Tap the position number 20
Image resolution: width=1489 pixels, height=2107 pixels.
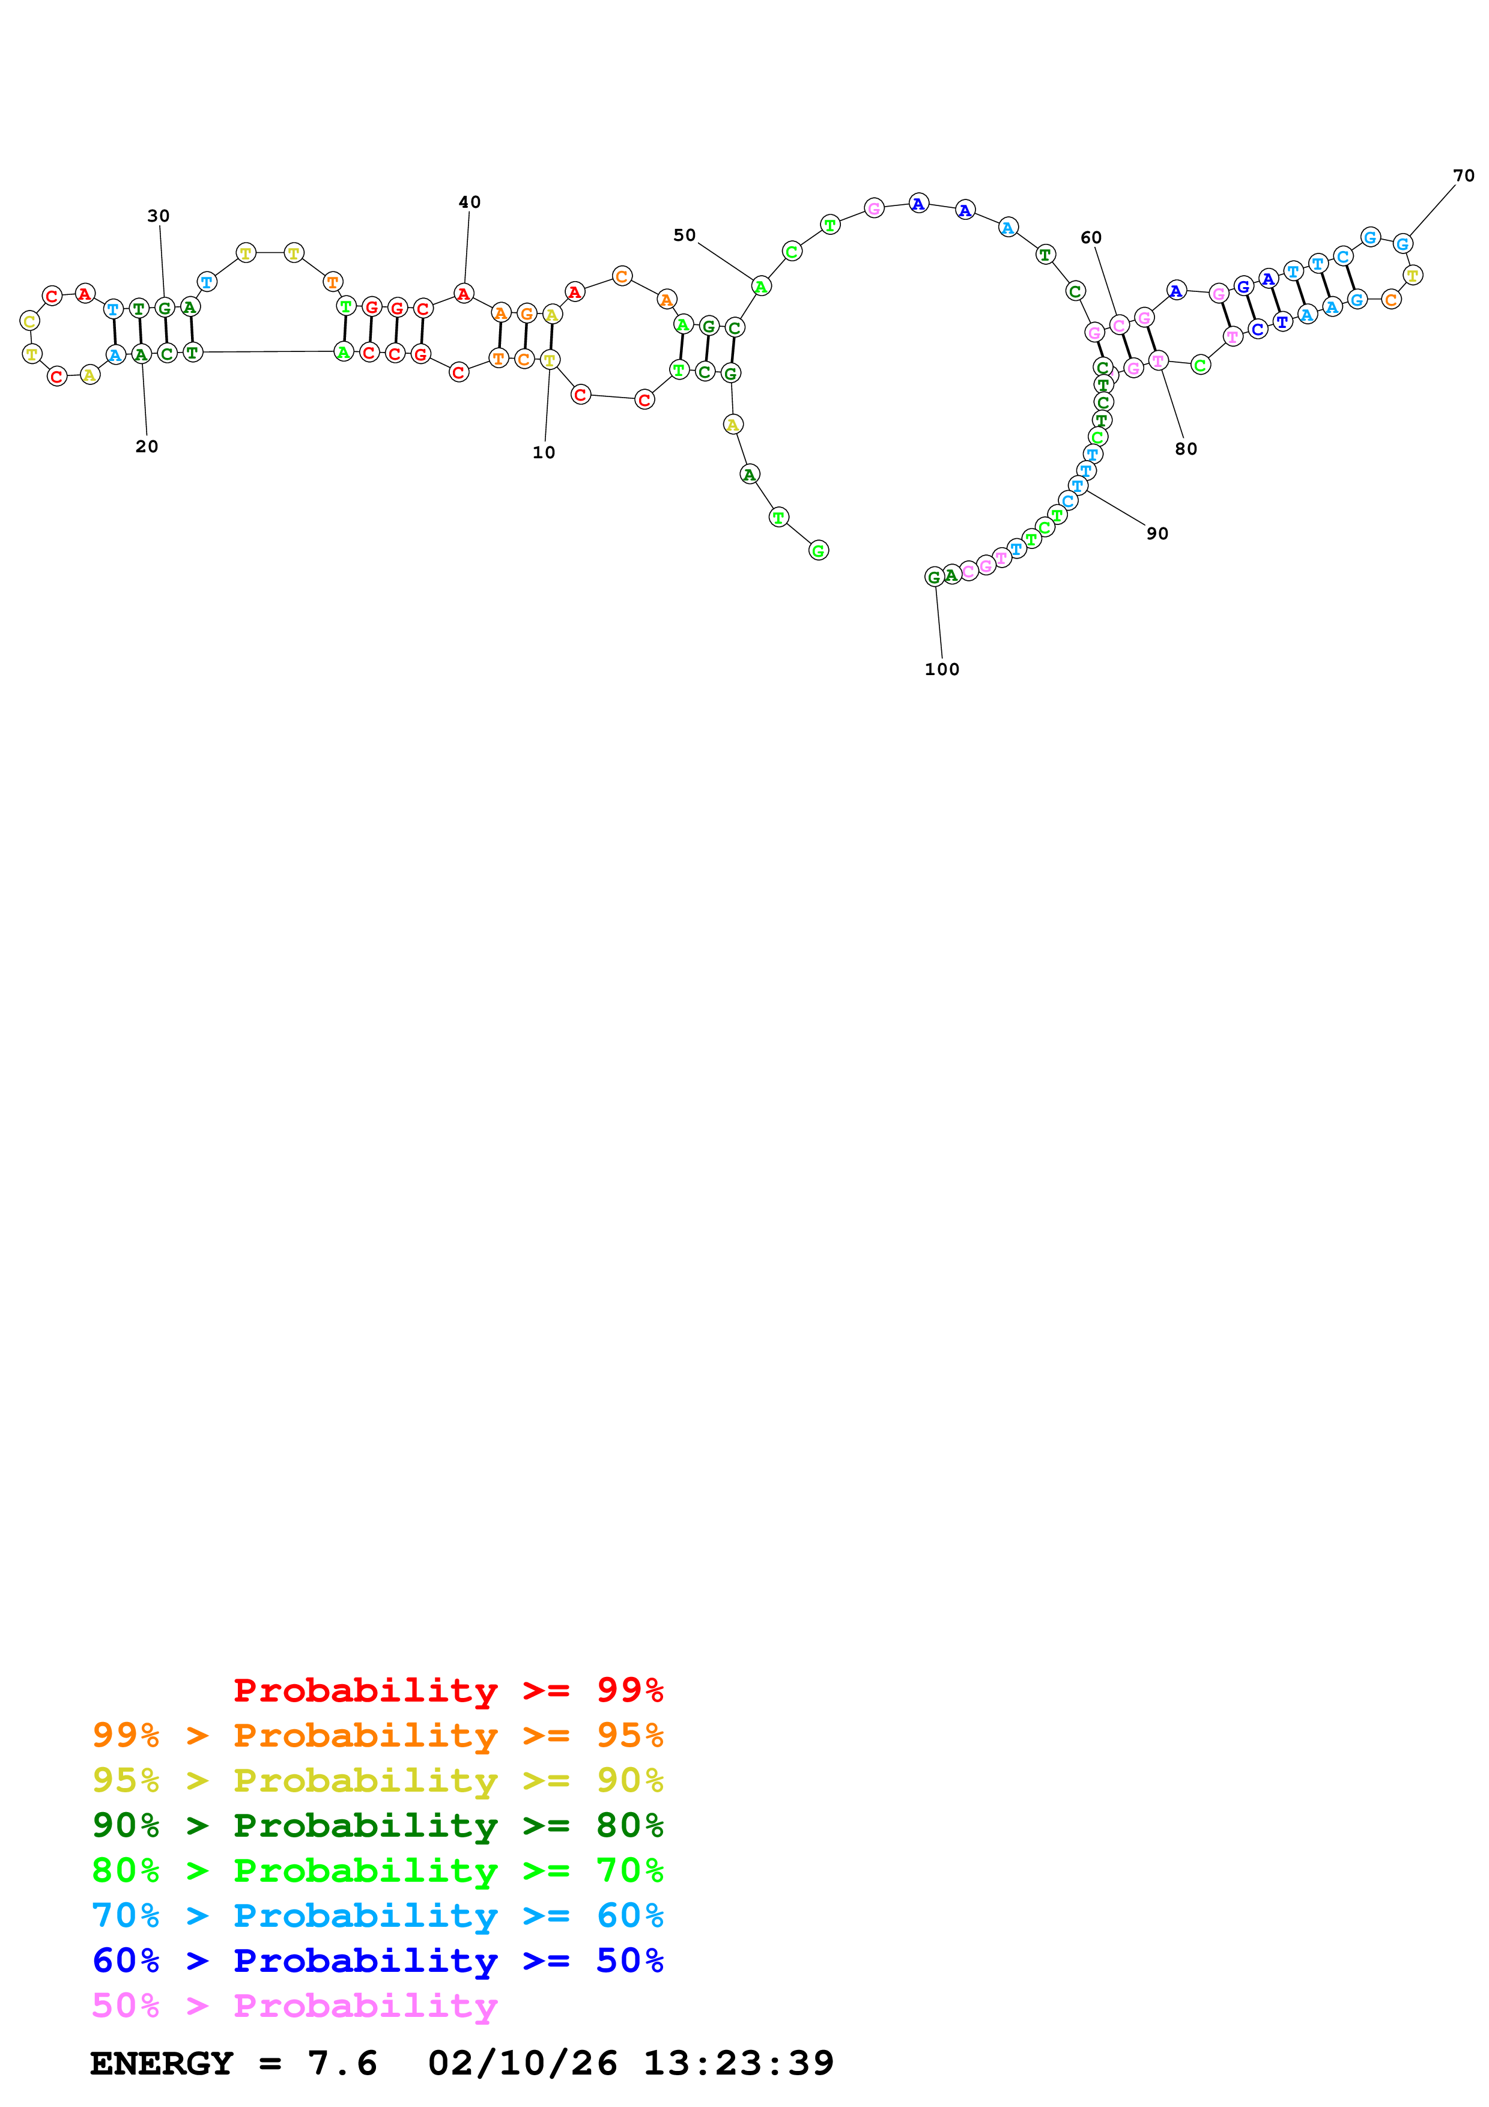click(147, 447)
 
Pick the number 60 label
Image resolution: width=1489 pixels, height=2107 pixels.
click(1091, 238)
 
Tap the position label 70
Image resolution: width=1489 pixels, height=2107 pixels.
click(1463, 176)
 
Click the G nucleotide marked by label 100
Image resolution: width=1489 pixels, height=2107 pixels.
click(934, 577)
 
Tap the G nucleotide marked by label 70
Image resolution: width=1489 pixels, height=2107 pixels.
click(1402, 244)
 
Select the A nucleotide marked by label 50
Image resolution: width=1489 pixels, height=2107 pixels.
click(760, 287)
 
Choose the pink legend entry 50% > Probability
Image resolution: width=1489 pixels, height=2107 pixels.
click(294, 2007)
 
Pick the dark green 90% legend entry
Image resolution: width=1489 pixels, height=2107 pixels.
click(377, 1826)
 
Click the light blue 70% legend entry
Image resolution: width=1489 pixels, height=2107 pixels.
click(377, 1916)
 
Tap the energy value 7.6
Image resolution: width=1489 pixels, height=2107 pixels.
click(342, 2064)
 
